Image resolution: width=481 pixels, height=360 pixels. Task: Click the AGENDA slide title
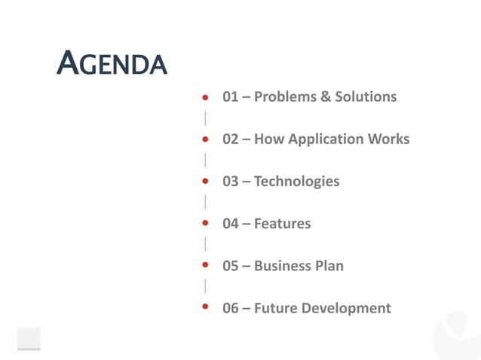112,64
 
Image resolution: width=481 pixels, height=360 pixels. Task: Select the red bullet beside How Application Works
204,139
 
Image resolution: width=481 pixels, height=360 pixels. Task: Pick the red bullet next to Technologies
204,182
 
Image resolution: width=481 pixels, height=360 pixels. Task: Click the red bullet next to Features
204,224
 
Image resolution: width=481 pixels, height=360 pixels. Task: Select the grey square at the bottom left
29,339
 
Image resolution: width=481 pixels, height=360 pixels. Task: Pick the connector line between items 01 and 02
204,118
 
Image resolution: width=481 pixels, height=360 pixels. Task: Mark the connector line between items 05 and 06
204,286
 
